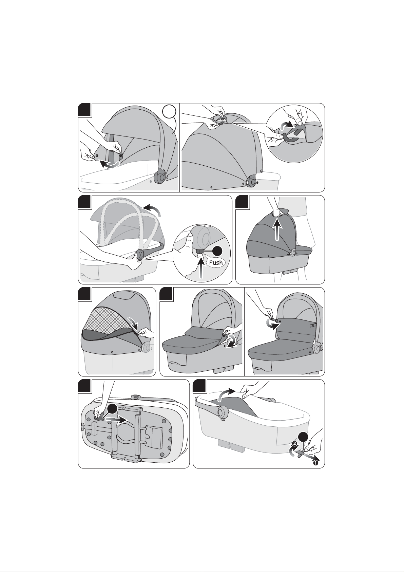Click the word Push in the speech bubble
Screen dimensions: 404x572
[x=216, y=262]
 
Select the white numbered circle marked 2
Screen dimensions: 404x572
[x=294, y=444]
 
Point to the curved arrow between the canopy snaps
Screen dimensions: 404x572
[x=109, y=164]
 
